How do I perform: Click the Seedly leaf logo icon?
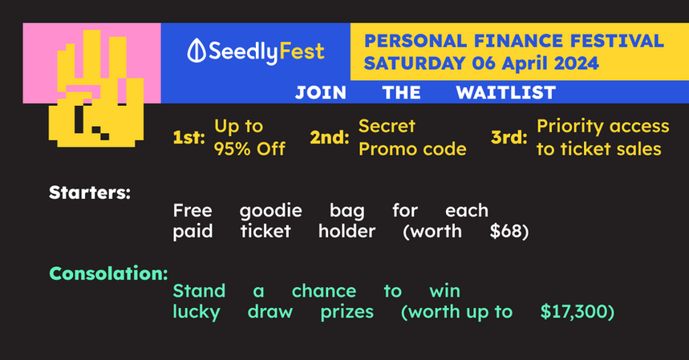197,51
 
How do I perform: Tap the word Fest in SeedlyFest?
302,51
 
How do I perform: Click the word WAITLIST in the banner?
506,93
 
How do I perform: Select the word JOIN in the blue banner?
321,93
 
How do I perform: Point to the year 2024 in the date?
576,63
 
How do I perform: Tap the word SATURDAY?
415,63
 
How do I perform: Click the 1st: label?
189,137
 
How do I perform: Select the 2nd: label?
330,137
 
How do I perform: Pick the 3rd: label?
509,137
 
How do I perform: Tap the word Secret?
387,126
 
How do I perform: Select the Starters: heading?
90,192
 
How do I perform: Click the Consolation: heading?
108,273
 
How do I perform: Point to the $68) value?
509,232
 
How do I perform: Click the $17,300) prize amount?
578,312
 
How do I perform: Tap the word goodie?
270,211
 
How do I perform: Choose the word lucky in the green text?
197,312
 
